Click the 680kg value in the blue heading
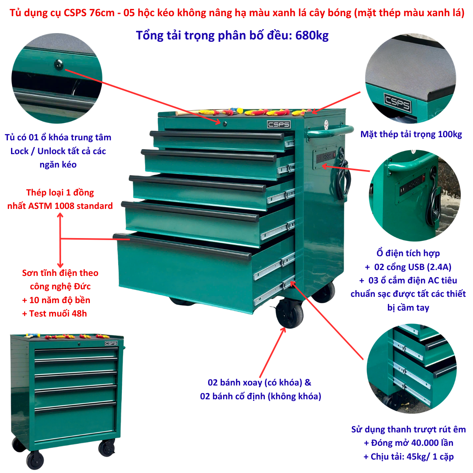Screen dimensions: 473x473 (312, 35)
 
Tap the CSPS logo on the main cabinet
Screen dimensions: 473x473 (279, 125)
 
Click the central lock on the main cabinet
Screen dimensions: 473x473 (225, 124)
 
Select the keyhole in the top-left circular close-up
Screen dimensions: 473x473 (58, 65)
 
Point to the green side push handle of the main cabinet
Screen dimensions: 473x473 (329, 132)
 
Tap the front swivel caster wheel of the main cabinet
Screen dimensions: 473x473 (290, 313)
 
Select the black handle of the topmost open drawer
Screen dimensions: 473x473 (217, 135)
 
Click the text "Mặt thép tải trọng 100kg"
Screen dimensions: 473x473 (411, 134)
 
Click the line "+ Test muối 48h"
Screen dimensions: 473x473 (54, 313)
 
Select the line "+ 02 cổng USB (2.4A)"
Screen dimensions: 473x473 (408, 267)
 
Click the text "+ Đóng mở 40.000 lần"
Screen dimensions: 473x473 (408, 443)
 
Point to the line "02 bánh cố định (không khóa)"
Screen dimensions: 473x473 (261, 396)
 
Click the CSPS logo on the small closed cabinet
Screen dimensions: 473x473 (111, 343)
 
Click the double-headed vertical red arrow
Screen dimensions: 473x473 (60, 240)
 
